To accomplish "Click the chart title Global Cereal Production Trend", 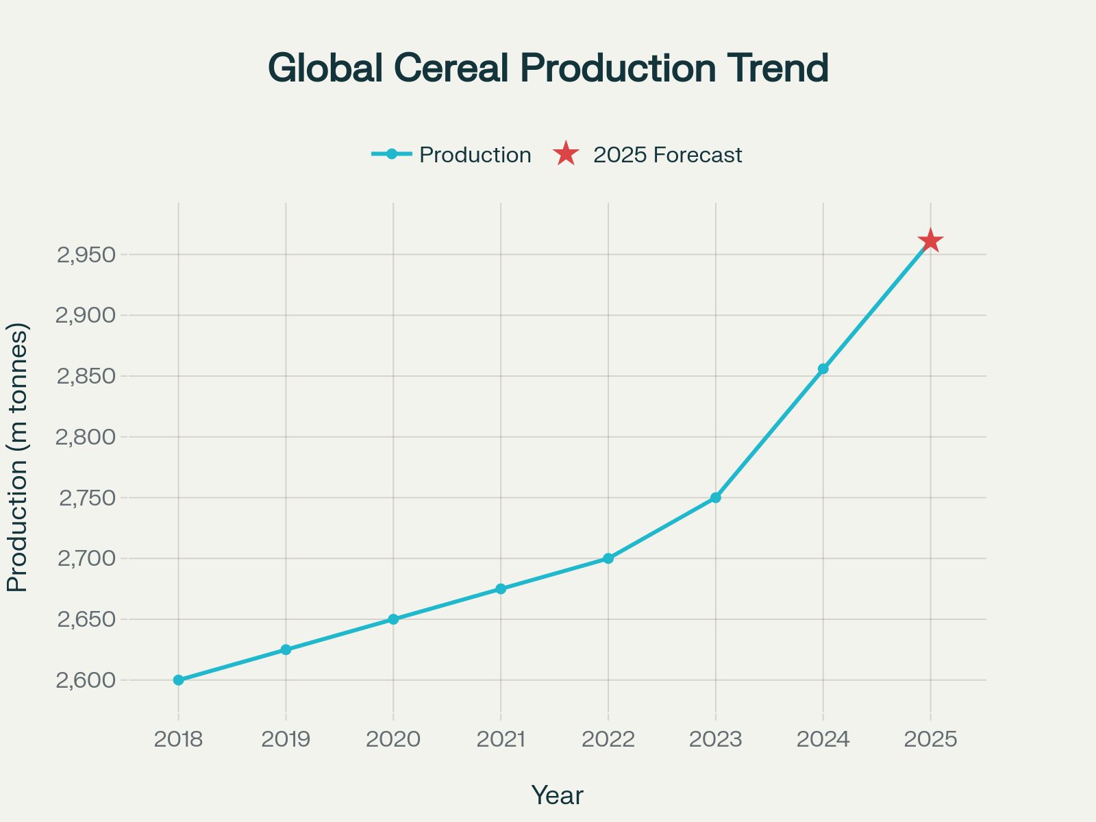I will [x=548, y=68].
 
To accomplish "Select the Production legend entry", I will [x=452, y=155].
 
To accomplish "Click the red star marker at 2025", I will [x=930, y=241].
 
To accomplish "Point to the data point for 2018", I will [x=179, y=680].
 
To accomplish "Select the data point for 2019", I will [x=286, y=649].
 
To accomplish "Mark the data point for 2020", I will [x=393, y=619].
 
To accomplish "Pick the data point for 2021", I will [x=501, y=589].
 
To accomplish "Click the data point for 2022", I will [x=608, y=558].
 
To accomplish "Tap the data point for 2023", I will [x=716, y=497].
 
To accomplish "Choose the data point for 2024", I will [x=823, y=369].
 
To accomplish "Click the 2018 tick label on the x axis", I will [x=179, y=739].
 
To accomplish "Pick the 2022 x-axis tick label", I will [x=608, y=739].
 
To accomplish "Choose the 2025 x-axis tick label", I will [x=930, y=739].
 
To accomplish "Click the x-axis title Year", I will [x=558, y=795].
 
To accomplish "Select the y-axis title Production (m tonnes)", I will [x=18, y=458].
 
